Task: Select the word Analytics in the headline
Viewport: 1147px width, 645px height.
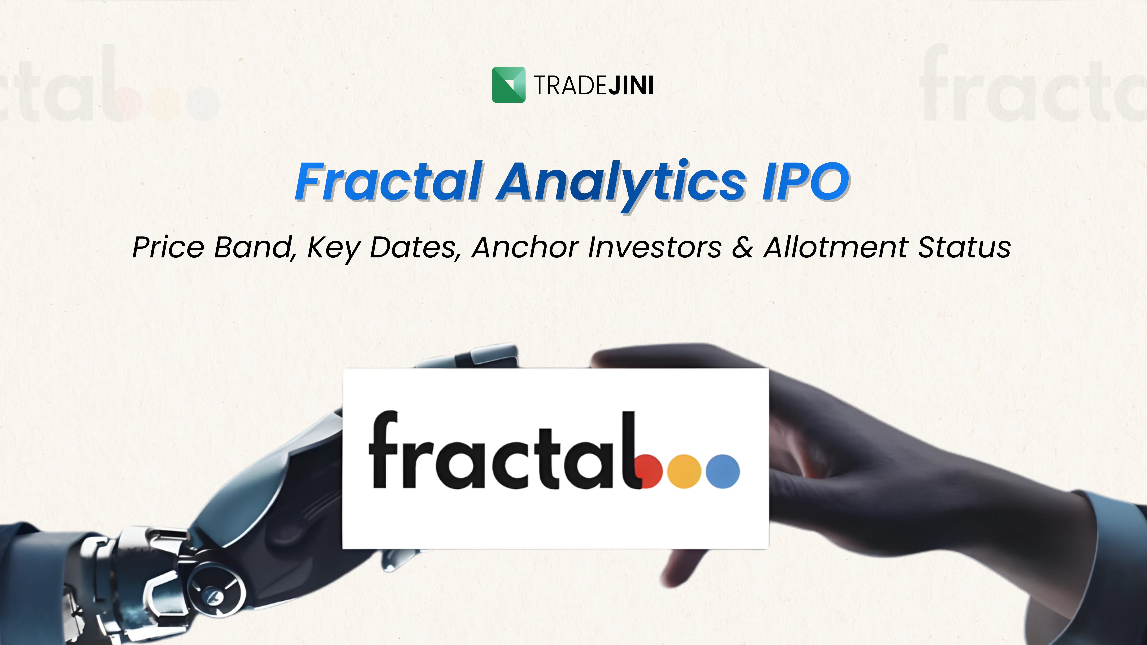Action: tap(621, 183)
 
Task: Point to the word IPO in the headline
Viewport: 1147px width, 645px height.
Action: tap(805, 182)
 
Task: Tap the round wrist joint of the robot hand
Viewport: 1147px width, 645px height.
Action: tap(216, 590)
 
